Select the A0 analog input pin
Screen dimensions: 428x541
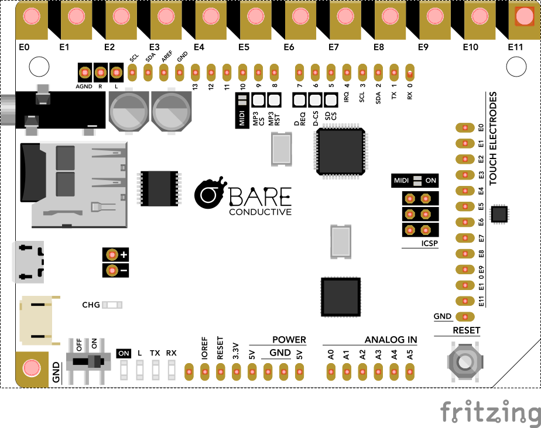click(x=331, y=370)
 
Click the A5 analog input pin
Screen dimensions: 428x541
click(x=410, y=370)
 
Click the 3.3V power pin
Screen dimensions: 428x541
click(x=237, y=370)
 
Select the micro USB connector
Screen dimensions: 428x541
click(x=26, y=262)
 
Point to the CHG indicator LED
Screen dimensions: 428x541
click(x=112, y=305)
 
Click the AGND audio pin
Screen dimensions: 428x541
click(x=85, y=73)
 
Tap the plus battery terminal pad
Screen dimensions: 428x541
click(x=111, y=255)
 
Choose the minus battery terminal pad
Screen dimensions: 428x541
click(x=111, y=271)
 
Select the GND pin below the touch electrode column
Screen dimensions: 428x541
click(x=465, y=316)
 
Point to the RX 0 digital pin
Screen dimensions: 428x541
click(x=410, y=73)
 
